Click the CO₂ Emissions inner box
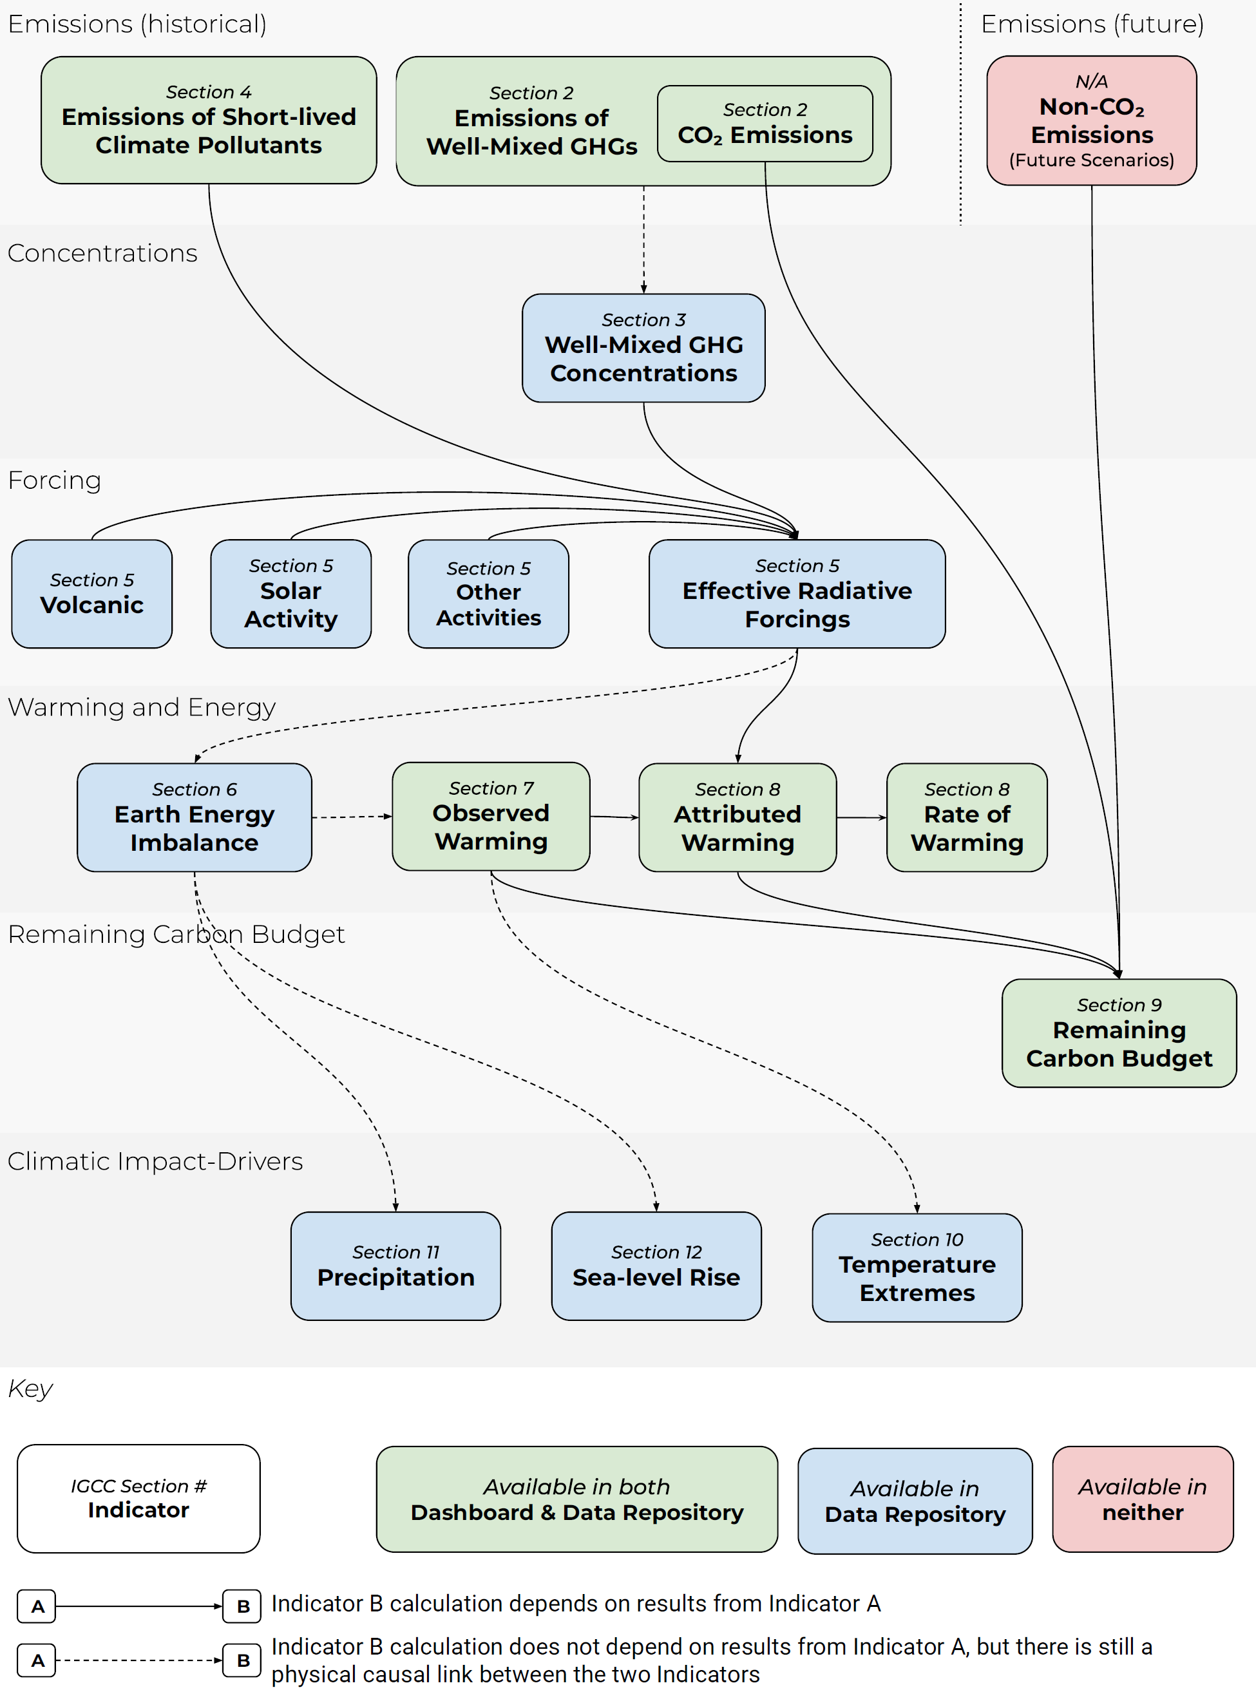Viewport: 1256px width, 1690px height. point(765,123)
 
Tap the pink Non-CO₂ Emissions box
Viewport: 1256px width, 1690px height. point(1091,121)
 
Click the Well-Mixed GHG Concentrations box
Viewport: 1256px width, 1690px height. point(643,348)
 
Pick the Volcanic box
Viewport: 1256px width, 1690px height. point(92,594)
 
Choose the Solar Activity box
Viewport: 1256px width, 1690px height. point(290,594)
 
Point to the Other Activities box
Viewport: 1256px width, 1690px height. point(488,594)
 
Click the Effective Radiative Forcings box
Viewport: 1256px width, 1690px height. point(797,594)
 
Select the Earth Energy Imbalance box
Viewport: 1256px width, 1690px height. point(194,817)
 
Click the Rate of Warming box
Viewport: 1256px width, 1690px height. point(966,817)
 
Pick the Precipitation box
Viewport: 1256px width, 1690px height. point(395,1266)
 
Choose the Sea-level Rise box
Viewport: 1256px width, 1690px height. point(656,1266)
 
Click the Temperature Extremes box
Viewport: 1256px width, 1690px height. point(917,1267)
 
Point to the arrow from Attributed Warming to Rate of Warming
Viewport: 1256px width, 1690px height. point(861,817)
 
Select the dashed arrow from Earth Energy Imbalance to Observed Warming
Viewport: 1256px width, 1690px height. point(351,817)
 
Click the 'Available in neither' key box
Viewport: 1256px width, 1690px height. point(1142,1499)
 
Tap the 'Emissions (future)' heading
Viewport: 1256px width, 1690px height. point(1092,24)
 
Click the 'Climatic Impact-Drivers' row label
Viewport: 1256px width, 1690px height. point(155,1161)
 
